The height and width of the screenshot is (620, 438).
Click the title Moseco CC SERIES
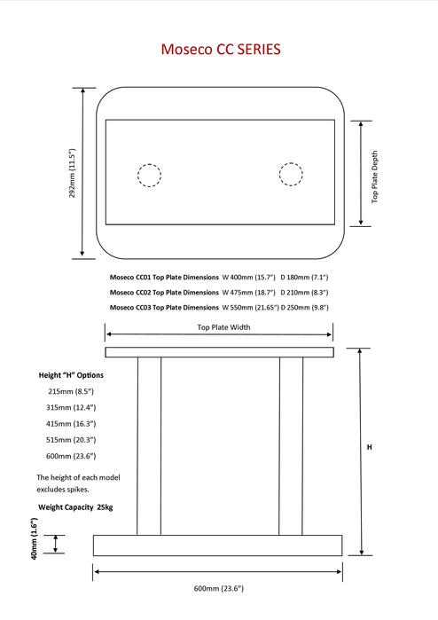pyautogui.click(x=221, y=50)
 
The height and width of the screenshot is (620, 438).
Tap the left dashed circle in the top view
pyautogui.click(x=150, y=175)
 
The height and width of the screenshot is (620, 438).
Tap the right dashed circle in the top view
pyautogui.click(x=291, y=174)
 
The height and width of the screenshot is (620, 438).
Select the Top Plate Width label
pyautogui.click(x=223, y=327)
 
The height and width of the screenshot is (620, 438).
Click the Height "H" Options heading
pyautogui.click(x=71, y=375)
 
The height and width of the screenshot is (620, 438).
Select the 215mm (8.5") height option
pyautogui.click(x=70, y=391)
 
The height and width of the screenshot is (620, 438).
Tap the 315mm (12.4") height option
pyautogui.click(x=71, y=407)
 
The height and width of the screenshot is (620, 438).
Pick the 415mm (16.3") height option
pyautogui.click(x=71, y=423)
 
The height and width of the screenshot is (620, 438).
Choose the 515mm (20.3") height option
pyautogui.click(x=71, y=439)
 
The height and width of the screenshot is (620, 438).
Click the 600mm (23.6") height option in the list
pyautogui.click(x=71, y=455)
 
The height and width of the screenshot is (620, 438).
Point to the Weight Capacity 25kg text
pyautogui.click(x=75, y=507)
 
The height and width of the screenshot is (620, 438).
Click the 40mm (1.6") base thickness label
pyautogui.click(x=34, y=540)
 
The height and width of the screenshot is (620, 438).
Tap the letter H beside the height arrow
pyautogui.click(x=369, y=448)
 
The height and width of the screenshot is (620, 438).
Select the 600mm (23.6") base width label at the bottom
pyautogui.click(x=218, y=588)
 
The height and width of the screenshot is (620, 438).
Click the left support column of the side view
pyautogui.click(x=149, y=445)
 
